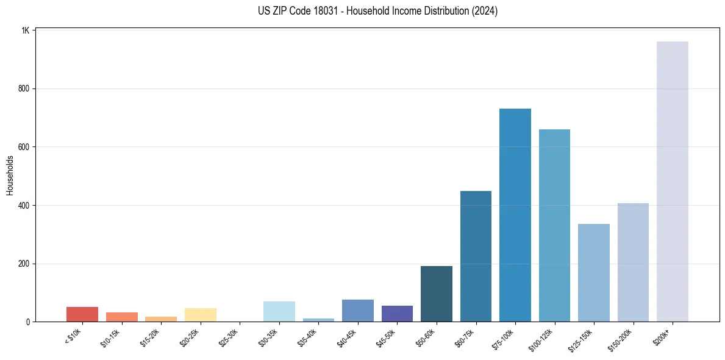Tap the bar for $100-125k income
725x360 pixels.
click(x=554, y=225)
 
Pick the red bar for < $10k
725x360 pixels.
click(x=82, y=314)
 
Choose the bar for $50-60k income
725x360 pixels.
click(x=436, y=293)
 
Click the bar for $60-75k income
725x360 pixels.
click(x=476, y=256)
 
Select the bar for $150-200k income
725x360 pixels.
click(x=633, y=262)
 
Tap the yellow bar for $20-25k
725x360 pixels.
click(x=200, y=315)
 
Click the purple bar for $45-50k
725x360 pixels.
click(x=397, y=314)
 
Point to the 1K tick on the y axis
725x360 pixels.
click(x=25, y=31)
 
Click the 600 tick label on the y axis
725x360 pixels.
click(x=24, y=147)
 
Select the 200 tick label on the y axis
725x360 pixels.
click(x=24, y=264)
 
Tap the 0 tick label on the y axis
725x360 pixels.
click(x=28, y=322)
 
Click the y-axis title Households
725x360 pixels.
click(x=10, y=175)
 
